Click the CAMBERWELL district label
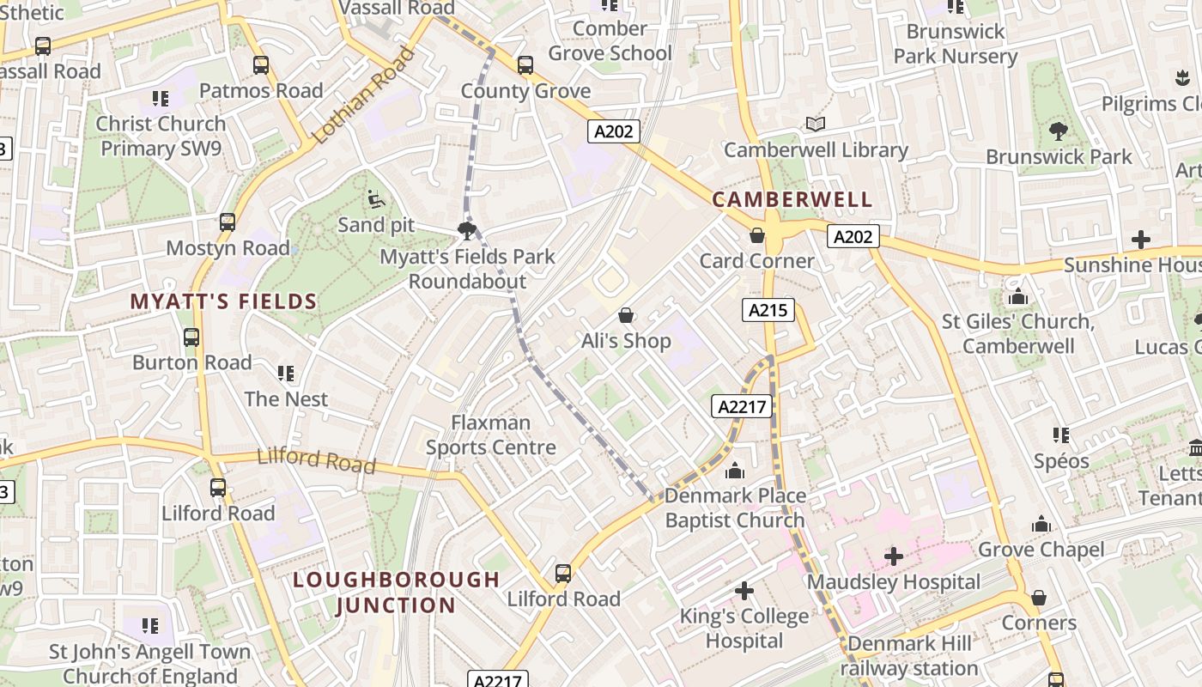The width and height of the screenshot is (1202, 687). [792, 200]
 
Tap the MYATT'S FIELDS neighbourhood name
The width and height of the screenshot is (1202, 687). [223, 301]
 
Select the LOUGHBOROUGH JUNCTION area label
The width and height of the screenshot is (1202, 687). [396, 593]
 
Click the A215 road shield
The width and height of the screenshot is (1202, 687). [768, 310]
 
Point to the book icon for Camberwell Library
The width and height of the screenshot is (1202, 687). [815, 125]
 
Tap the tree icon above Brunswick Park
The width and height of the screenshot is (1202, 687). [1058, 131]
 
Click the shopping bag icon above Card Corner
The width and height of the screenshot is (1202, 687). [757, 235]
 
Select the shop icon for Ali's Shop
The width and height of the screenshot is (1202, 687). [626, 315]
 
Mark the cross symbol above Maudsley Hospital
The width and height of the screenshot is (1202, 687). [893, 556]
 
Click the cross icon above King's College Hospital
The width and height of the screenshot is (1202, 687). [744, 591]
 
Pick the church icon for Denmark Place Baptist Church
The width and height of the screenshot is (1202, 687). [734, 471]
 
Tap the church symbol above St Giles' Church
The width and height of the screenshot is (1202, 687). [1018, 296]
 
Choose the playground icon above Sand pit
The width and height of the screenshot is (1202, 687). [375, 199]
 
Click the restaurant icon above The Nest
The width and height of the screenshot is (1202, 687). [286, 374]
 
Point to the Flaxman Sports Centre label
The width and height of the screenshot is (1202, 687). [491, 435]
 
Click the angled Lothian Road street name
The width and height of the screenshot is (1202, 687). [364, 96]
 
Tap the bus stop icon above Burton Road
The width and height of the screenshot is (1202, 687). [191, 337]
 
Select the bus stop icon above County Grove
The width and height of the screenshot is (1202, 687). [525, 65]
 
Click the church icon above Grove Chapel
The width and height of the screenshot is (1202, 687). [1041, 524]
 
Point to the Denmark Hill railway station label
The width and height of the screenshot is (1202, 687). [908, 656]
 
